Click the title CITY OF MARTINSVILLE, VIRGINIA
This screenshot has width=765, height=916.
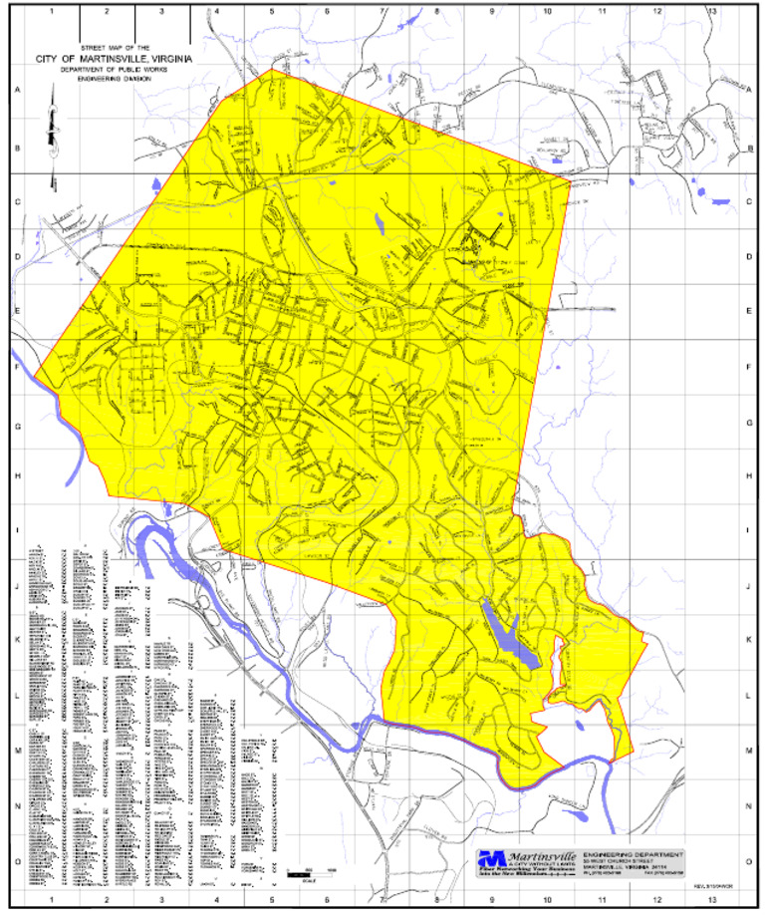[114, 59]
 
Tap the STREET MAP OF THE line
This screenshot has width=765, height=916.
[114, 48]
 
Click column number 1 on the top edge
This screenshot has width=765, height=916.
[51, 11]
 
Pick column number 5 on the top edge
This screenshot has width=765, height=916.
[271, 11]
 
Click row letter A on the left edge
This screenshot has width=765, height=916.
[17, 88]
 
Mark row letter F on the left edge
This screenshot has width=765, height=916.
[17, 366]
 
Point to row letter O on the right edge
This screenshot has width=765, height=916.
[748, 863]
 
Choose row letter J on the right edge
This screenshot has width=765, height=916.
[748, 586]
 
